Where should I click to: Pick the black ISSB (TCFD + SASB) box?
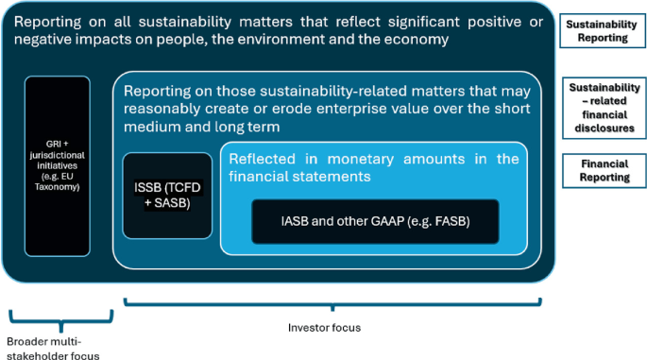[x=167, y=195]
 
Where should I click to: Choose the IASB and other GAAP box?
[x=375, y=221]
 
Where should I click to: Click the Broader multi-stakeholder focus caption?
[x=53, y=347]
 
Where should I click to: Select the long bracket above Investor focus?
[x=333, y=302]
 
